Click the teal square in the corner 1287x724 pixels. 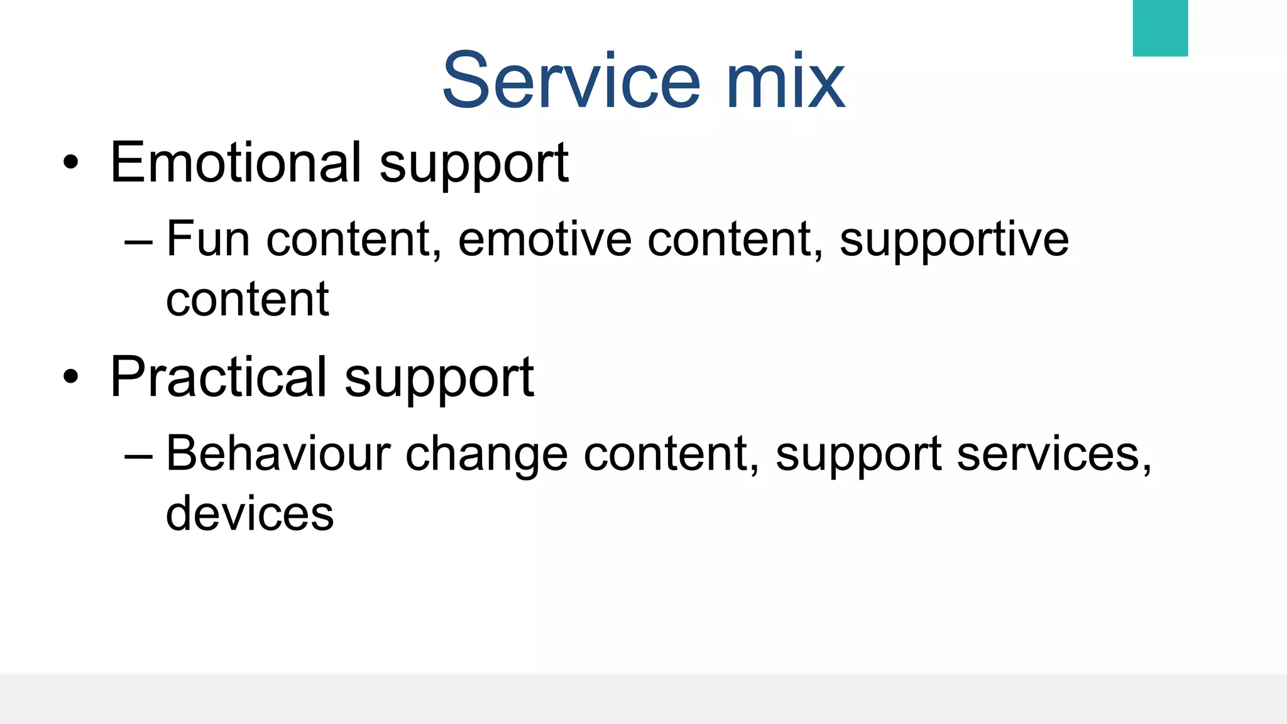(x=1159, y=28)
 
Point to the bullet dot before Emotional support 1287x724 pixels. (x=71, y=163)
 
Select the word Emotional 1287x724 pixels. (x=236, y=163)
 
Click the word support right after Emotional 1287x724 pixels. (x=474, y=165)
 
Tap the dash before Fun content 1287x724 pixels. (x=138, y=241)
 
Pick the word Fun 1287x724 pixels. (x=208, y=239)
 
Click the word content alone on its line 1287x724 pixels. (x=247, y=299)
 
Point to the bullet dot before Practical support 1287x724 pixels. (x=71, y=377)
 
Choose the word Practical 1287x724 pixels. (x=218, y=377)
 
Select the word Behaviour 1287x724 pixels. (x=278, y=454)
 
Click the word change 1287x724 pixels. (x=486, y=455)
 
